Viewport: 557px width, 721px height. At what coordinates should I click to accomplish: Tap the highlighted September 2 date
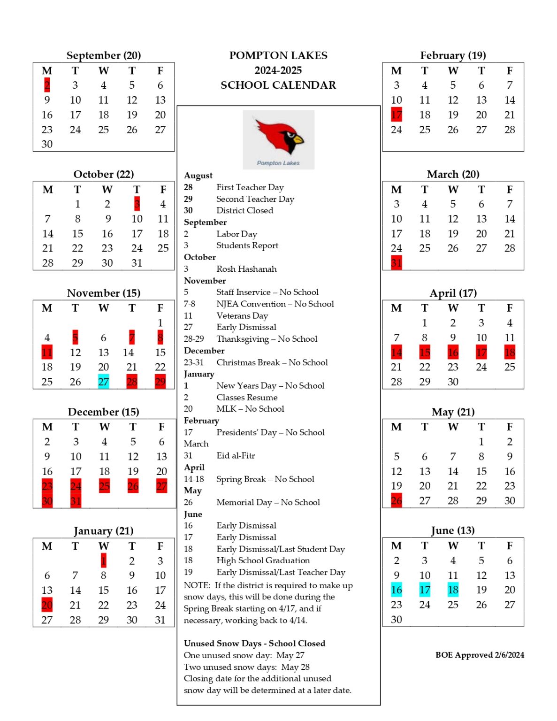47,85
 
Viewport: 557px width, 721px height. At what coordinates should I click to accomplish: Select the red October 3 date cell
137,204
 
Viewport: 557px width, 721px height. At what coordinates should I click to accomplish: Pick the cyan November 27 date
103,382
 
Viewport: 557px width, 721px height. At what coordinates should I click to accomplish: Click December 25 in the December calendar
104,486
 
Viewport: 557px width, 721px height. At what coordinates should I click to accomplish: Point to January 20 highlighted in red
47,605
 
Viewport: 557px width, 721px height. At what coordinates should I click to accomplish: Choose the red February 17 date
397,115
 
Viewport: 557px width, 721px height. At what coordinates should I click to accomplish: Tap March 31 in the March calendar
397,263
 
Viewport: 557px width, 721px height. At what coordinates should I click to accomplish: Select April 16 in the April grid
453,352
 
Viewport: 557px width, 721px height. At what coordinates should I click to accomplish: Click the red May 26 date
397,500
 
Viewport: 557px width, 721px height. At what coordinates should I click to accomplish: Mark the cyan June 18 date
453,590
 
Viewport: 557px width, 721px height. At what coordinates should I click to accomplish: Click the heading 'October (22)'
104,174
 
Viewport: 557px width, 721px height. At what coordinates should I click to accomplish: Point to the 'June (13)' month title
453,530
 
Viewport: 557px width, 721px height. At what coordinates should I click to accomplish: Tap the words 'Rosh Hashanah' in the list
246,269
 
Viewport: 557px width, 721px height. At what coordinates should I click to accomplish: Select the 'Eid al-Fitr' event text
236,455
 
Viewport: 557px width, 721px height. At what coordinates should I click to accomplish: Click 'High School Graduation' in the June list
263,560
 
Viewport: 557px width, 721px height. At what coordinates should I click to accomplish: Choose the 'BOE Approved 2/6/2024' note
480,655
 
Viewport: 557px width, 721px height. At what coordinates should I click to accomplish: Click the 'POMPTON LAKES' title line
278,55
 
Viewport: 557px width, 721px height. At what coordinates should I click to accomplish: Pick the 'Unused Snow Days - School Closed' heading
254,644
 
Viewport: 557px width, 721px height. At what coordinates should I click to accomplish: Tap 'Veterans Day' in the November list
242,315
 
